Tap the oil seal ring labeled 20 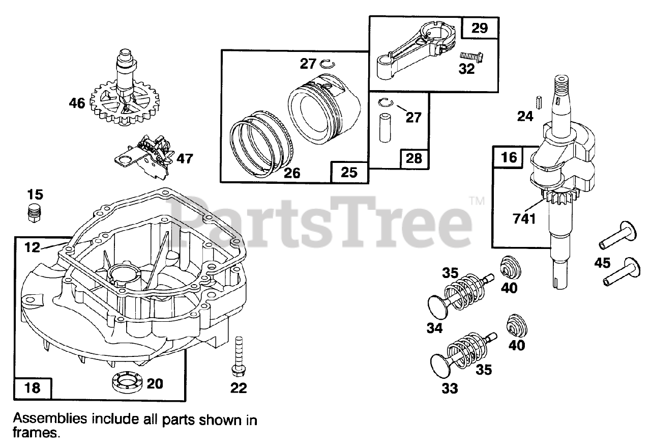click(124, 382)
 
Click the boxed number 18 click(33, 388)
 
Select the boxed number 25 click(349, 172)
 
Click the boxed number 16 click(509, 157)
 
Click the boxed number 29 click(479, 29)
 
